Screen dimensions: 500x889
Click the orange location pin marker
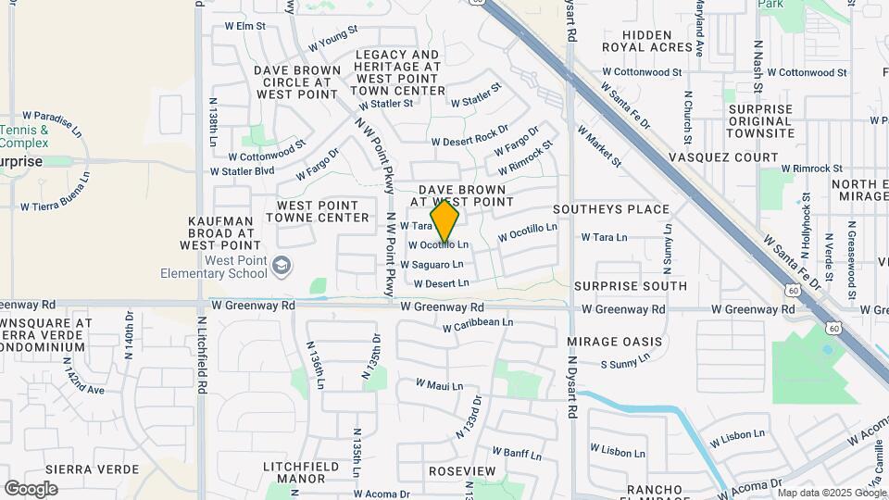point(445,221)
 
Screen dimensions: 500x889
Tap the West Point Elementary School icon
point(281,268)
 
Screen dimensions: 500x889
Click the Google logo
point(31,489)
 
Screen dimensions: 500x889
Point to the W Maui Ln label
point(439,384)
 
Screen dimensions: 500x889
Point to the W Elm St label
point(244,26)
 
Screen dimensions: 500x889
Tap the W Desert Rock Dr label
point(470,136)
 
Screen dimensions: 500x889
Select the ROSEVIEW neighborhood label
point(462,471)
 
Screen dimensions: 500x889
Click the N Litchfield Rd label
point(200,352)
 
